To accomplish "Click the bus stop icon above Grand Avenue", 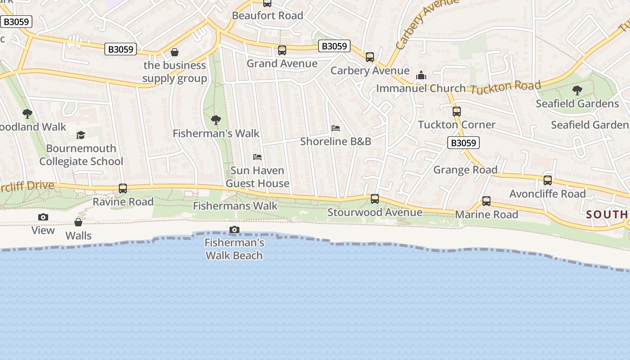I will click(282, 50).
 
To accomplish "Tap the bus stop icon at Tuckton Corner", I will click(457, 112).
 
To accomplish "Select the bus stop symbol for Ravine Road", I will click(123, 189).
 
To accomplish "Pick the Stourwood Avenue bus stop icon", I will click(375, 199).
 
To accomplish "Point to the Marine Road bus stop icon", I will click(486, 201).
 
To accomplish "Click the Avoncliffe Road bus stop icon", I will click(548, 180).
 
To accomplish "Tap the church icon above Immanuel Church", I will click(421, 75).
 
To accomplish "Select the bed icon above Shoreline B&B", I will click(336, 128).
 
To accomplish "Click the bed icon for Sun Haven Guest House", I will click(257, 157).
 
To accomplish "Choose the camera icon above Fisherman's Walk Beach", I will click(234, 230).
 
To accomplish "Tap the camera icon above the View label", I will click(43, 217).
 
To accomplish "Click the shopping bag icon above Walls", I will click(78, 222).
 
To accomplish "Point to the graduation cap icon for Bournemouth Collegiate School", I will click(81, 135).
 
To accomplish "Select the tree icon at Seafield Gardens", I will click(577, 90).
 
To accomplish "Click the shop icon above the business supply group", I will click(175, 53).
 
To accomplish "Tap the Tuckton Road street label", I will click(505, 87).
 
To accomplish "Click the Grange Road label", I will click(465, 170).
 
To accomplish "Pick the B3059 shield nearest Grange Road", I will click(463, 143).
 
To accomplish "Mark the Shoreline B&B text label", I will click(336, 141).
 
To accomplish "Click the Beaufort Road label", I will click(267, 15).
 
